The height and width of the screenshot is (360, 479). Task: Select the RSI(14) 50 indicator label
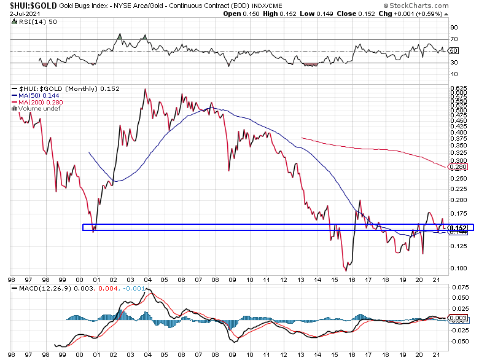[29, 20]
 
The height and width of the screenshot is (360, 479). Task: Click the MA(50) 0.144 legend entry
[38, 96]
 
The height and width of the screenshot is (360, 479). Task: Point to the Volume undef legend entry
[38, 109]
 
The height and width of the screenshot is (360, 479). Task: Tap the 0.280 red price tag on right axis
[458, 167]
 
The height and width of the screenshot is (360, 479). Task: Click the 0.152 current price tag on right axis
[458, 228]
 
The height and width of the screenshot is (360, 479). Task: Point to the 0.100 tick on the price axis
[457, 268]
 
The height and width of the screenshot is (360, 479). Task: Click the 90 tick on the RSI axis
[454, 28]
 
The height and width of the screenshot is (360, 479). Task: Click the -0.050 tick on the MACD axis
[457, 340]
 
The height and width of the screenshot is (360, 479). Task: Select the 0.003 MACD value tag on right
[458, 318]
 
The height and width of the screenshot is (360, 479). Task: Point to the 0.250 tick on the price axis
[457, 178]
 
